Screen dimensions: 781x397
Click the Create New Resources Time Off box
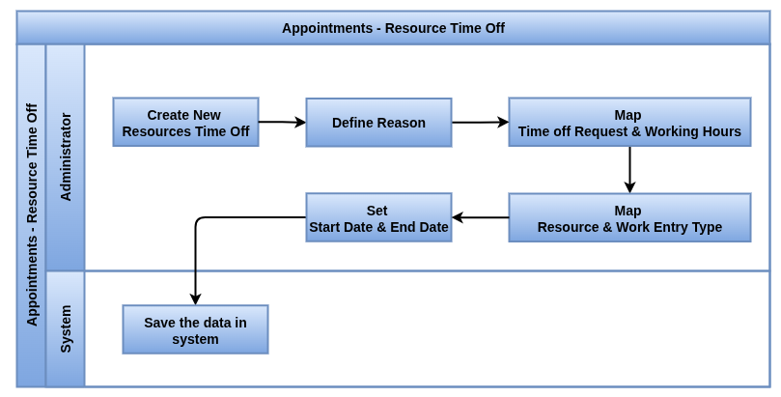[185, 122]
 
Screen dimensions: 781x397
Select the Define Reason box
[378, 123]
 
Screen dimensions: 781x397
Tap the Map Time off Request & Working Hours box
[629, 122]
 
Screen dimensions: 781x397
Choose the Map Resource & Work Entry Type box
[629, 217]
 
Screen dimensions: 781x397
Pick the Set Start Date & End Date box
[378, 217]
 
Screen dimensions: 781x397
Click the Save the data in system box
[195, 329]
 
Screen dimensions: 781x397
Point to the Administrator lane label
[66, 156]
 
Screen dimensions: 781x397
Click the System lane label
[66, 328]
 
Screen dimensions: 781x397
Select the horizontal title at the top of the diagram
[394, 28]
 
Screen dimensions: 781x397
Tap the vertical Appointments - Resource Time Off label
[32, 214]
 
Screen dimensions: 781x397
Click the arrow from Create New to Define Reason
[282, 122]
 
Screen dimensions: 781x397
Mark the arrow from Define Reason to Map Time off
[480, 122]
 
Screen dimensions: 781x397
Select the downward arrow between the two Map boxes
[629, 170]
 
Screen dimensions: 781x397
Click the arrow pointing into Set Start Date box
[480, 217]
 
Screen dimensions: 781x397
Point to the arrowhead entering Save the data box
[195, 298]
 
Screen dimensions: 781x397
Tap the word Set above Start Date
[377, 211]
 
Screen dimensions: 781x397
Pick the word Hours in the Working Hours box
[722, 131]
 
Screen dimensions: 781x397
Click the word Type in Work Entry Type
[707, 228]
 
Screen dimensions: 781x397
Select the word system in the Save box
[195, 340]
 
